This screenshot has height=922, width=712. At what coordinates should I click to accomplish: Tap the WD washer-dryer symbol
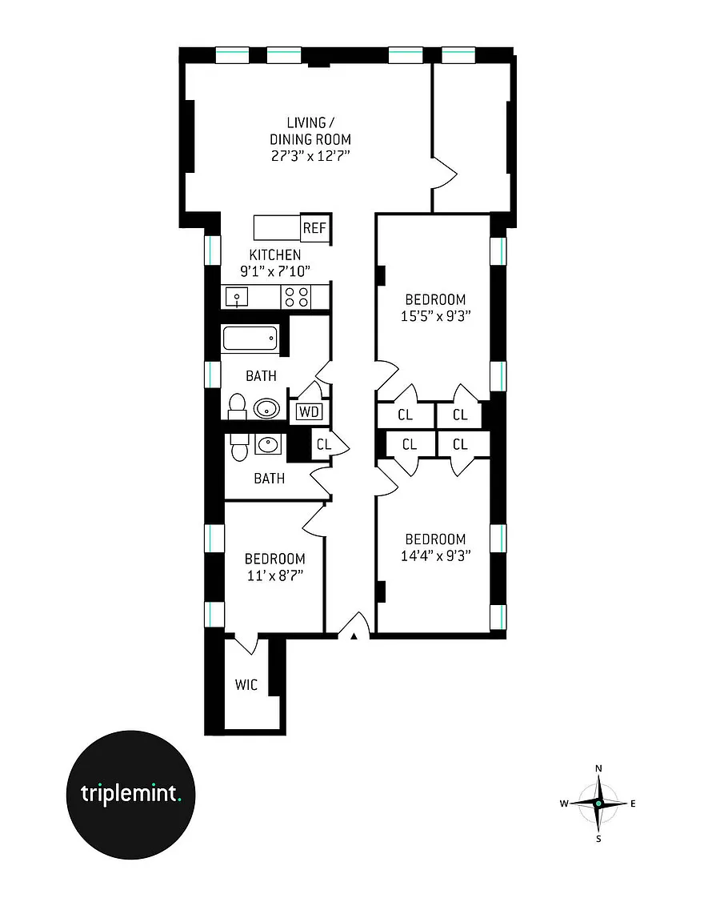(x=309, y=411)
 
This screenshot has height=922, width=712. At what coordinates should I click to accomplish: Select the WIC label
(x=246, y=685)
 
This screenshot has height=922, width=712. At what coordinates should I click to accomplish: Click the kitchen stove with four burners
(x=296, y=296)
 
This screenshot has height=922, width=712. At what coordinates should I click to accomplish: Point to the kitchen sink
(x=237, y=296)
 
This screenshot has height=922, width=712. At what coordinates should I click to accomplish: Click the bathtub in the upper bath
(x=250, y=339)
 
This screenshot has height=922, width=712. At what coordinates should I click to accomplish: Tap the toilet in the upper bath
(x=237, y=406)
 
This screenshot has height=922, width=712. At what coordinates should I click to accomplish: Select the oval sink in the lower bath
(x=269, y=444)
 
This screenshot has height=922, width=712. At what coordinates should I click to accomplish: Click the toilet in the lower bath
(x=239, y=447)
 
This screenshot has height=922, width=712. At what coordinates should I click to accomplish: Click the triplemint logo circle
(x=130, y=795)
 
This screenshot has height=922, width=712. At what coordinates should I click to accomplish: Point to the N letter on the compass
(x=598, y=768)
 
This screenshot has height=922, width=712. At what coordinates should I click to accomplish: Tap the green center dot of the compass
(x=598, y=804)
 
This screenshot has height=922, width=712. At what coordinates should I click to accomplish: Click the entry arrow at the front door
(x=354, y=635)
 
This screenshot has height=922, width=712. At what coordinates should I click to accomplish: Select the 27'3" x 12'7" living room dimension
(x=310, y=156)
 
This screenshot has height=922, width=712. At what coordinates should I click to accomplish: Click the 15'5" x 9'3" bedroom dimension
(x=436, y=316)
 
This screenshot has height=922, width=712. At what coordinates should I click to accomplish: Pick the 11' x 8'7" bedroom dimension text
(x=275, y=575)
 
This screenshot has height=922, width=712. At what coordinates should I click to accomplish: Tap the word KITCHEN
(x=275, y=255)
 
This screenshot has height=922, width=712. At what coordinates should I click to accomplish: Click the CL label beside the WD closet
(x=324, y=444)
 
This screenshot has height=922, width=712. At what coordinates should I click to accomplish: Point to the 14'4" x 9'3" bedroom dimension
(x=436, y=555)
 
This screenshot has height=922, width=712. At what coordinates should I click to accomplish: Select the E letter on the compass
(x=634, y=804)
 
